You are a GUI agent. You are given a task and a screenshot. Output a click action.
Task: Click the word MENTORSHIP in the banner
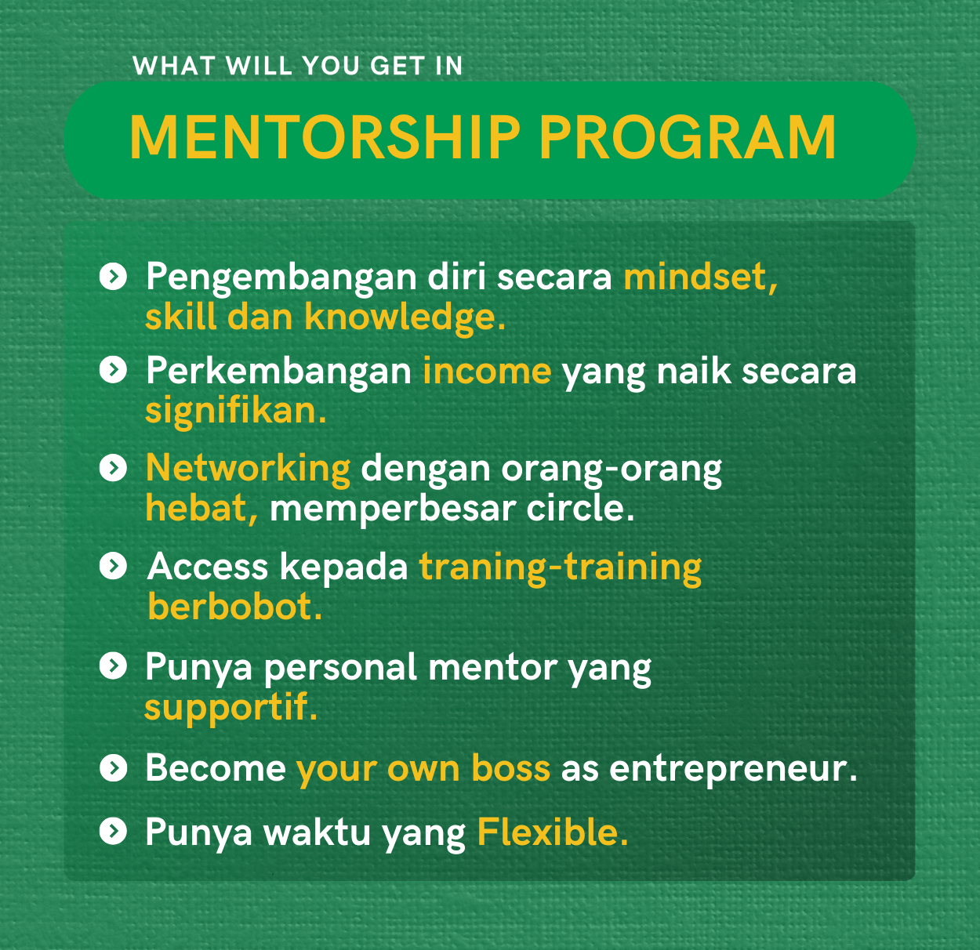coord(325,137)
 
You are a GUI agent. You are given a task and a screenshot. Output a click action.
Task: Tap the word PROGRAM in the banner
coord(688,137)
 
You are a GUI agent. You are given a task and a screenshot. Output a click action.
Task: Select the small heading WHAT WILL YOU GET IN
coord(297,65)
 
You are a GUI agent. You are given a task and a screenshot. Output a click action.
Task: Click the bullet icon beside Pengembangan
coord(113,277)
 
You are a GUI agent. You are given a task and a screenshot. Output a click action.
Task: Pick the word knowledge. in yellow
coord(405,318)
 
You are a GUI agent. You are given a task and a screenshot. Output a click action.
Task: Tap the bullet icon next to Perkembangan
coord(113,370)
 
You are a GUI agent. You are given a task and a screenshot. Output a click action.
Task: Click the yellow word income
coord(487,371)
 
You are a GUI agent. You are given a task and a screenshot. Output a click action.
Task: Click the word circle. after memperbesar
coord(580,509)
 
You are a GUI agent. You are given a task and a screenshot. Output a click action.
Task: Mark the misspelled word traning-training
coord(561,568)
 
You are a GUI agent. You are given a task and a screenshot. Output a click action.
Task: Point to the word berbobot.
coord(234,606)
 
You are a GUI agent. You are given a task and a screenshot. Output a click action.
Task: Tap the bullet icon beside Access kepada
coord(113,566)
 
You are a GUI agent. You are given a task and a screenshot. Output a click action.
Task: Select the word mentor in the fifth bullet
coord(492,668)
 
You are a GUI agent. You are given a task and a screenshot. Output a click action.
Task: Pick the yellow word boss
coord(510,768)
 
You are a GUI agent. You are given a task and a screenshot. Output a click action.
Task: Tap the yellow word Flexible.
coord(553,832)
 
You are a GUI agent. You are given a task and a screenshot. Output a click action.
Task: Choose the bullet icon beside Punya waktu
coord(113,831)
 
